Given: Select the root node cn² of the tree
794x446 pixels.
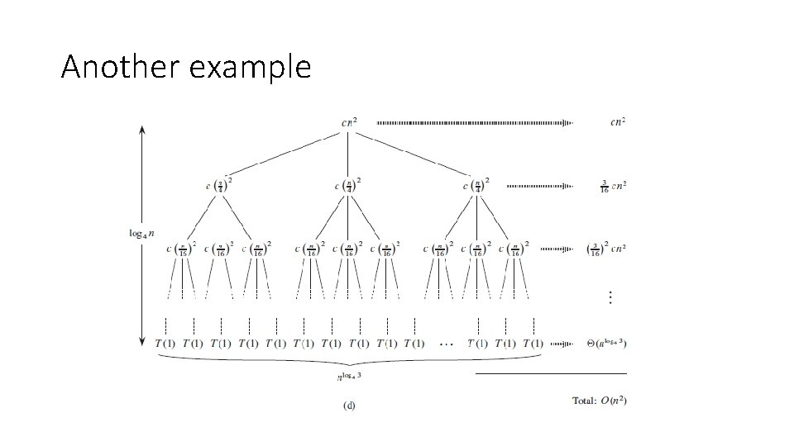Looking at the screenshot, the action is [349, 122].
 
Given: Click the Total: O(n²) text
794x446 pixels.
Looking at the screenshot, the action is [599, 401].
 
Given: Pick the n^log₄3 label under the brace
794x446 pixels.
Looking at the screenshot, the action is [351, 377].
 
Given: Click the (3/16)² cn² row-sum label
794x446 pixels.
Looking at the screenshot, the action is [605, 248].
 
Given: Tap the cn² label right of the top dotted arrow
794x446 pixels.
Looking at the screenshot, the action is [617, 122].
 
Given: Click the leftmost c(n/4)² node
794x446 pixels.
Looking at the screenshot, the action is [219, 184].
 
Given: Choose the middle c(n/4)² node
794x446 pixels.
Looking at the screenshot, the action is [348, 184].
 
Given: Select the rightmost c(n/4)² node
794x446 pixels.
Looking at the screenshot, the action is [476, 184].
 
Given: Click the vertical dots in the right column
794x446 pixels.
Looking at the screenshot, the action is [610, 297].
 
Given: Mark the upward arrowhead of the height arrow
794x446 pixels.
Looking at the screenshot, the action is [143, 130].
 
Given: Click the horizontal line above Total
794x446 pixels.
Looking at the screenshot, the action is [551, 374].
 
